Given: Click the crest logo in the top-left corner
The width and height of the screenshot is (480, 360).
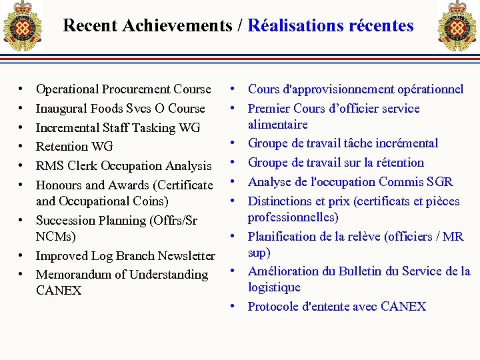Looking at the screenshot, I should (21, 26).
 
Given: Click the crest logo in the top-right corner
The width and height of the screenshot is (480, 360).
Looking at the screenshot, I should (457, 25).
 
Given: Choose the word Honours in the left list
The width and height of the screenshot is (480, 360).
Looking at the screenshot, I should (59, 185).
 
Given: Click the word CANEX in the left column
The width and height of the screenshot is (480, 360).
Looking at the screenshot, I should (59, 291).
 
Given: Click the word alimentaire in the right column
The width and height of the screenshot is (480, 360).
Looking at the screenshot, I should (277, 125).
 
